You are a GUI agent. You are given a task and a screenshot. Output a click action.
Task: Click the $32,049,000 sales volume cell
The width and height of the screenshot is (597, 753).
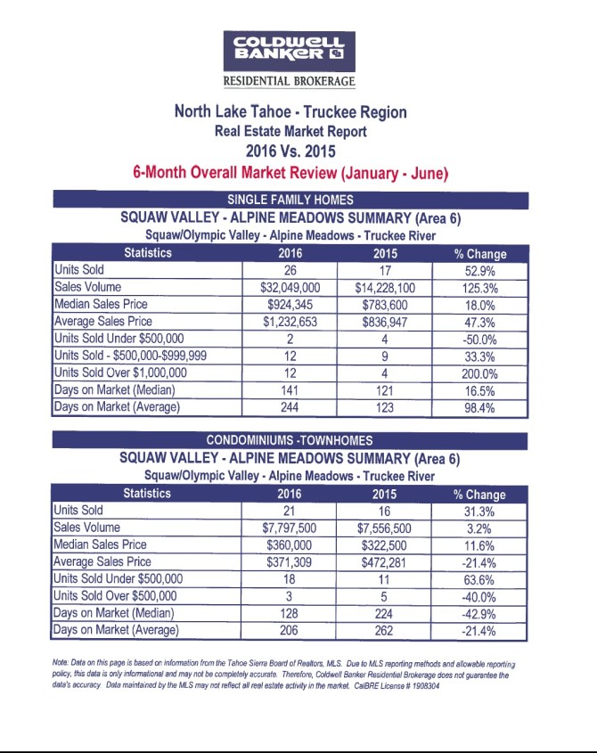click(290, 288)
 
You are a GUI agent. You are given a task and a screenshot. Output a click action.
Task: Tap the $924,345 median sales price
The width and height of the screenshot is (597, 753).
click(290, 305)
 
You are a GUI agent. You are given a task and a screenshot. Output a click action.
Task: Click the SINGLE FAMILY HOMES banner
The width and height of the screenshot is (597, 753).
click(291, 200)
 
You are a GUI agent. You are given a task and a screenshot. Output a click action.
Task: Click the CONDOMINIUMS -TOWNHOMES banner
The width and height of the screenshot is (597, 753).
click(291, 440)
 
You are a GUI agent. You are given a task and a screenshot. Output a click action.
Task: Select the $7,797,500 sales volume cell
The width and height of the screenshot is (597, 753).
click(290, 528)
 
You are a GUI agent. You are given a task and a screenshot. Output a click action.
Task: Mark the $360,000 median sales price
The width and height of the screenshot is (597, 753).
click(290, 544)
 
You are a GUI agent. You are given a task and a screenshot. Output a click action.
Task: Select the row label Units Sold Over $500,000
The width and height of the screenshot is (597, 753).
click(116, 596)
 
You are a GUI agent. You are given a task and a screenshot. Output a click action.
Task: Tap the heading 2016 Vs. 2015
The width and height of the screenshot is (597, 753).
click(291, 150)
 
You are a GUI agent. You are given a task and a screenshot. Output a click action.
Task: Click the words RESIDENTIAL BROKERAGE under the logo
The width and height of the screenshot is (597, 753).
click(291, 82)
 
